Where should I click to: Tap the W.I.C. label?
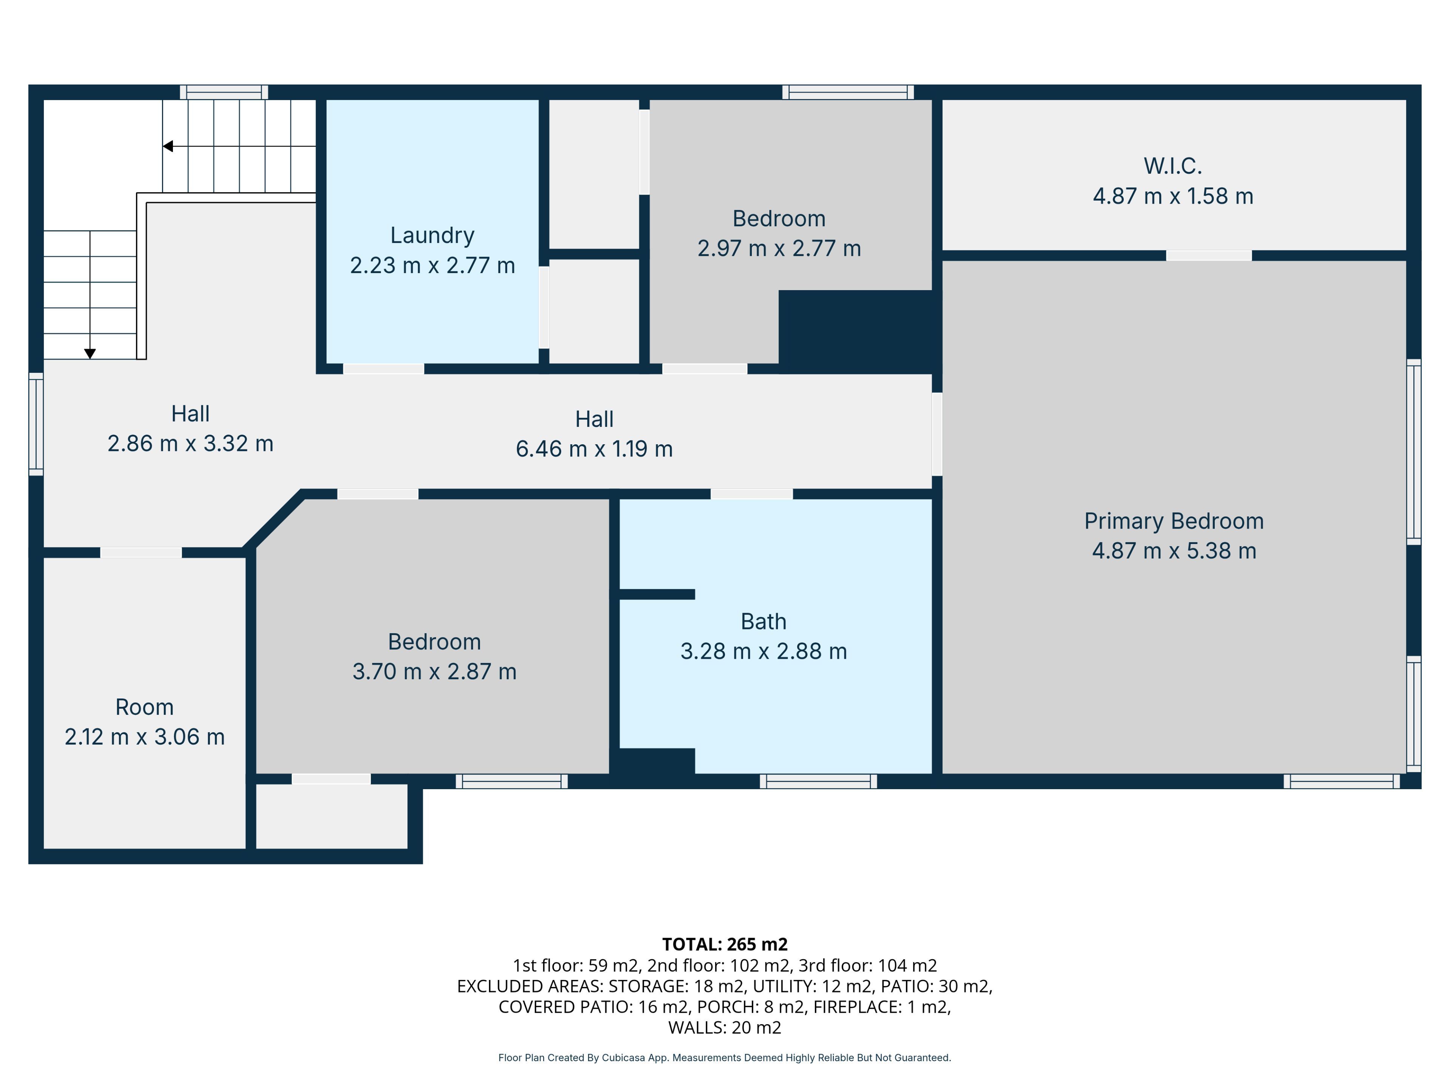point(1173,166)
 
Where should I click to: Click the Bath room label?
point(764,621)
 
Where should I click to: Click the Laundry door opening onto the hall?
point(384,369)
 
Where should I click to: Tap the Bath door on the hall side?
point(752,494)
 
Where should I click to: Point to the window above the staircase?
point(224,92)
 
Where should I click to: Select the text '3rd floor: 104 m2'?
point(868,965)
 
